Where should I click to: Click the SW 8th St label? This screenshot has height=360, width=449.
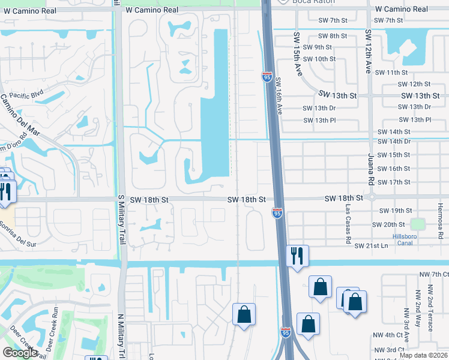coord(333,37)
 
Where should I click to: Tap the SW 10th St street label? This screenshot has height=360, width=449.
coord(319,59)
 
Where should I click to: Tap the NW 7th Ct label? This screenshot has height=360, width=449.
coord(435,274)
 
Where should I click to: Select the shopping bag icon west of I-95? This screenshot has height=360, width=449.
coord(244,314)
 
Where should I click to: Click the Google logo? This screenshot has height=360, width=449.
coord(20,353)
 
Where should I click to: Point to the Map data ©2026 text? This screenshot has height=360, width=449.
coord(423,355)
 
